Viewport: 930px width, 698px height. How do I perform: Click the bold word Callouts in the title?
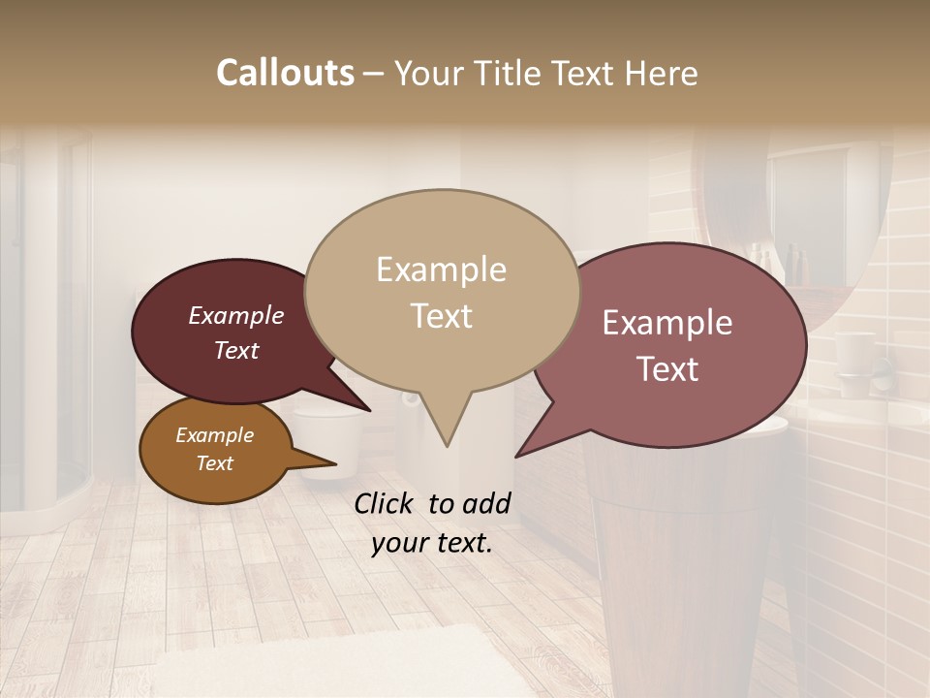285,73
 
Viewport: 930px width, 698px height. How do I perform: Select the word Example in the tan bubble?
441,270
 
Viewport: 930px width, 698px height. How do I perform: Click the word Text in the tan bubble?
441,315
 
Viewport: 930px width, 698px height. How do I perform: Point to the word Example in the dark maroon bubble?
235,316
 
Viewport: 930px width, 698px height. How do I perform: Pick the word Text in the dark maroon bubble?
235,350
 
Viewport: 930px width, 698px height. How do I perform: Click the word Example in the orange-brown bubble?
214,435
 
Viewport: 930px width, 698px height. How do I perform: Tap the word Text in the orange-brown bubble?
214,463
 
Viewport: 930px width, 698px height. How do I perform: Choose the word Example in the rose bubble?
666,323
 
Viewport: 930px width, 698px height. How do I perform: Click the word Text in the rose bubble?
666,368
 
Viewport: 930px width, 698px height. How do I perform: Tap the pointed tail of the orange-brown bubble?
332,463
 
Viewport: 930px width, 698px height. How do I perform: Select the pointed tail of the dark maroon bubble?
366,408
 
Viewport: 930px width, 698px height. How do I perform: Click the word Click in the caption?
386,503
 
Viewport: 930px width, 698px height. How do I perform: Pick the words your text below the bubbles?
432,543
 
